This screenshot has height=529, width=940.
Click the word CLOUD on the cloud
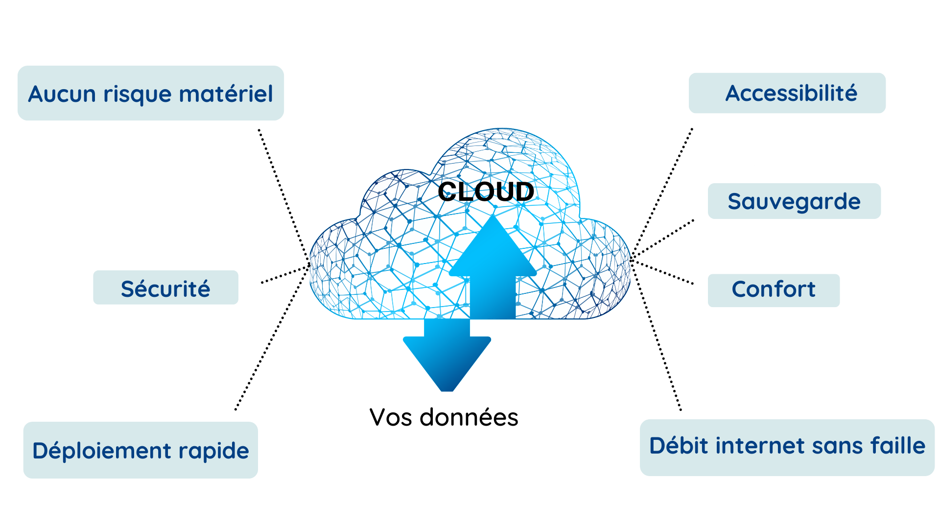(x=485, y=192)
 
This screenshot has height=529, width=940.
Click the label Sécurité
(x=165, y=289)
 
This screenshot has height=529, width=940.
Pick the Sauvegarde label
(x=794, y=201)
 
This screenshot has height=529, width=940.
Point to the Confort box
(x=773, y=289)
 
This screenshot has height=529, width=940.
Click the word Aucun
(x=62, y=94)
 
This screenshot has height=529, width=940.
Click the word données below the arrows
(x=469, y=418)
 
